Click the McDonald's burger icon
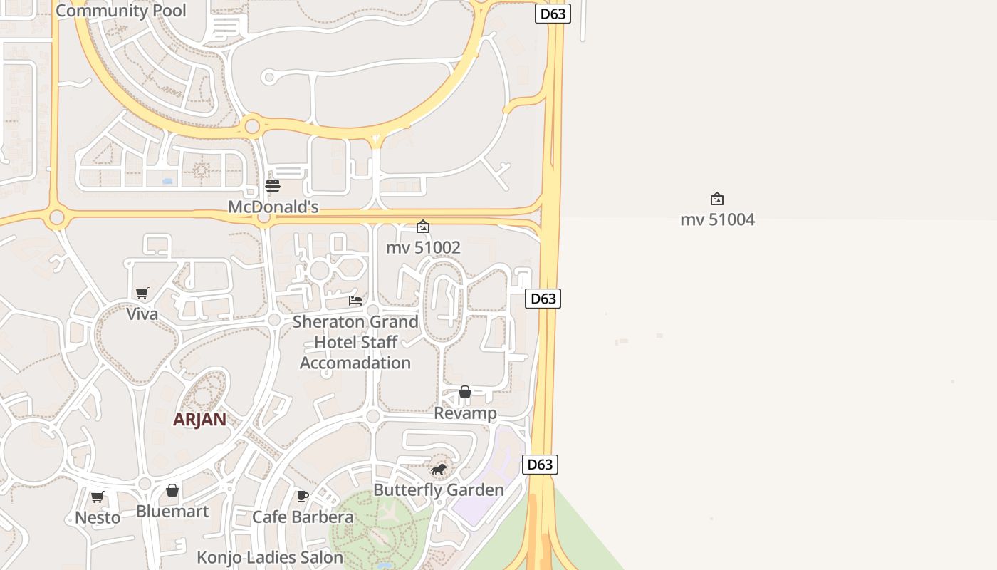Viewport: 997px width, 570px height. (273, 186)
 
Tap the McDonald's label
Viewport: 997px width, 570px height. (273, 207)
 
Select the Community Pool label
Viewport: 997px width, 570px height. (121, 11)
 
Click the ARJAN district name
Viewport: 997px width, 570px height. (199, 420)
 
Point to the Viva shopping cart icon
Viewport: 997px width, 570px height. (142, 293)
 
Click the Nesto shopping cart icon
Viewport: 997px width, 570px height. (98, 497)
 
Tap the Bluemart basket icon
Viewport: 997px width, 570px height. (172, 490)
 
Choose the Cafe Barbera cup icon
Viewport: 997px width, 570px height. (303, 496)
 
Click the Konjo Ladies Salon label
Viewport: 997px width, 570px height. (270, 557)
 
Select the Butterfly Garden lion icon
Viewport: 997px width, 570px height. (439, 469)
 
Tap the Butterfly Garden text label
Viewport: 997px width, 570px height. (439, 490)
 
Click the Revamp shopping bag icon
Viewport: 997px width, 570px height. (465, 392)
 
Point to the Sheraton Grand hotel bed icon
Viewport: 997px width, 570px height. (355, 300)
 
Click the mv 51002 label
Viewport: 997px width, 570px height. (423, 248)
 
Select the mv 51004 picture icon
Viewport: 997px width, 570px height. (717, 199)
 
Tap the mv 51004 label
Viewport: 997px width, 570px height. (717, 219)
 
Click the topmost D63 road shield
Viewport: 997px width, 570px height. (553, 14)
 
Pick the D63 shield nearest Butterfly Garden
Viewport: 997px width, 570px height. (540, 465)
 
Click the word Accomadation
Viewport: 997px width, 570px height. (355, 363)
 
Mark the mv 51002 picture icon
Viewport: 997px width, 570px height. (423, 227)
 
